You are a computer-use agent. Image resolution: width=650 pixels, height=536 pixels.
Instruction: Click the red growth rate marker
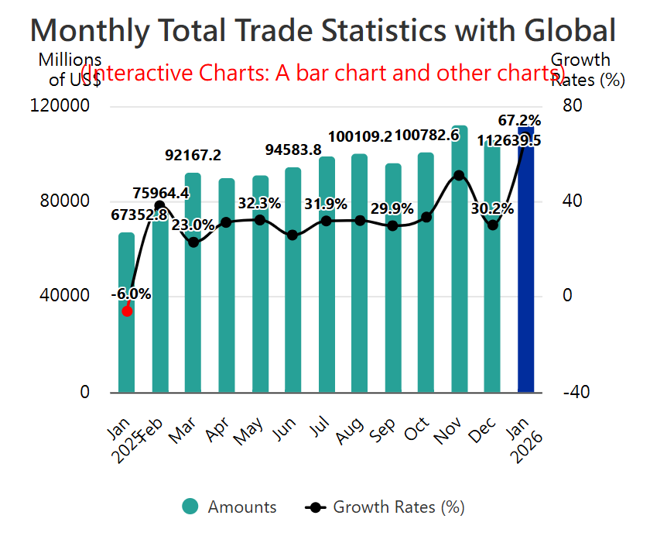[128, 311]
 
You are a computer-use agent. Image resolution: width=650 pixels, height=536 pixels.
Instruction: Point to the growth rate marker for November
[459, 175]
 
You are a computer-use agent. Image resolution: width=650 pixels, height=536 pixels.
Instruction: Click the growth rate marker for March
[193, 242]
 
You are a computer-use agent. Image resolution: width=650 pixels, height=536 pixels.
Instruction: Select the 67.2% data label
[519, 120]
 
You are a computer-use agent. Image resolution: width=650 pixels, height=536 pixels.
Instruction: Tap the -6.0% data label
[131, 294]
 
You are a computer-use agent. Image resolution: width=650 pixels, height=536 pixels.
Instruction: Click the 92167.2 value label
[193, 155]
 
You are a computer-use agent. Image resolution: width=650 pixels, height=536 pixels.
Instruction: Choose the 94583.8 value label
[293, 149]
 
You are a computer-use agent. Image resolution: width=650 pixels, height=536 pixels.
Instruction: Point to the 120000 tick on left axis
[65, 106]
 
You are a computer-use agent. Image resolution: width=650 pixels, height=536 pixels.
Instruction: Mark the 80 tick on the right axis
[571, 106]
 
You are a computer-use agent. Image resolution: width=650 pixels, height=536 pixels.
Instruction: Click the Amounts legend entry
[229, 507]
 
